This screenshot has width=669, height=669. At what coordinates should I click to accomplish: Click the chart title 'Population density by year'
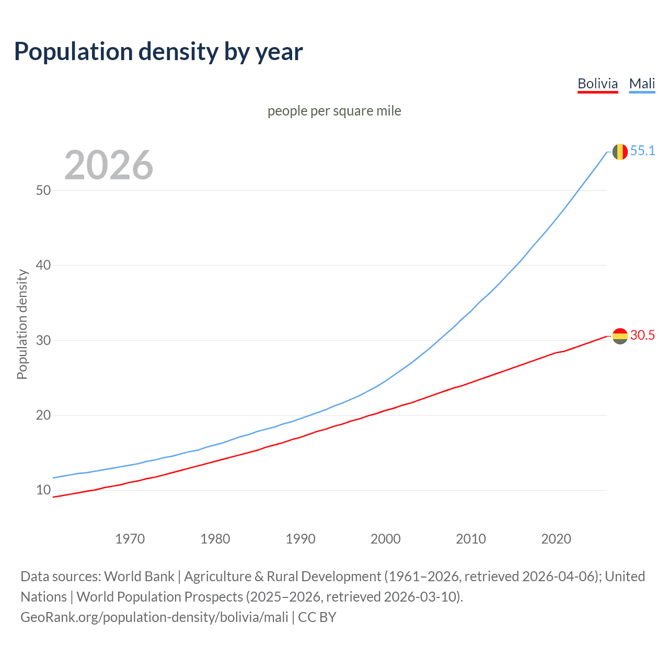[158, 51]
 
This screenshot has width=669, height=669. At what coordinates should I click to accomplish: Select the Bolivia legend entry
[597, 84]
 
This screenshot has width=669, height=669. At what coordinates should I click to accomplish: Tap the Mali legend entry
[642, 84]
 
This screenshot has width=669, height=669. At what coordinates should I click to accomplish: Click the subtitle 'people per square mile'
[334, 111]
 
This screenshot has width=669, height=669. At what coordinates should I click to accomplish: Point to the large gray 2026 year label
[109, 165]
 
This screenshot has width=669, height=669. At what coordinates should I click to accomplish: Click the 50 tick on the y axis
[43, 190]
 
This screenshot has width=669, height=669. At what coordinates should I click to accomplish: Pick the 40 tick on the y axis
[43, 265]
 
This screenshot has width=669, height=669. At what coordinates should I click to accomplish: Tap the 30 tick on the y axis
[43, 340]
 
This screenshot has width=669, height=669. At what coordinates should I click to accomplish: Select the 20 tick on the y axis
[43, 415]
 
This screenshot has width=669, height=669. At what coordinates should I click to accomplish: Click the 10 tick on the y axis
[43, 490]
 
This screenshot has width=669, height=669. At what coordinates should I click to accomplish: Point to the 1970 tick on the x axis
[130, 539]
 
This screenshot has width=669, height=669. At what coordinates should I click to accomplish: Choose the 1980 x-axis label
[215, 539]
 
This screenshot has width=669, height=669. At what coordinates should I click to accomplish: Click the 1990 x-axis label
[300, 539]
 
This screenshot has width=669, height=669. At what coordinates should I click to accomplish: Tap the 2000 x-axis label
[385, 539]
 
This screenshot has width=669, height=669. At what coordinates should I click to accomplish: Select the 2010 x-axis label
[470, 539]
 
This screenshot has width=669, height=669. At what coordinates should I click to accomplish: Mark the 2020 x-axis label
[556, 539]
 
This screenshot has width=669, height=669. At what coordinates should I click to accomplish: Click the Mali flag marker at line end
[620, 152]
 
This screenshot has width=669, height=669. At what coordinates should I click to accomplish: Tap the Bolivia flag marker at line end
[620, 336]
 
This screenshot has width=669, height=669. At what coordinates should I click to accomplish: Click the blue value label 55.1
[642, 151]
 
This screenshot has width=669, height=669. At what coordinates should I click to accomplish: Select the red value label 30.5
[642, 335]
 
